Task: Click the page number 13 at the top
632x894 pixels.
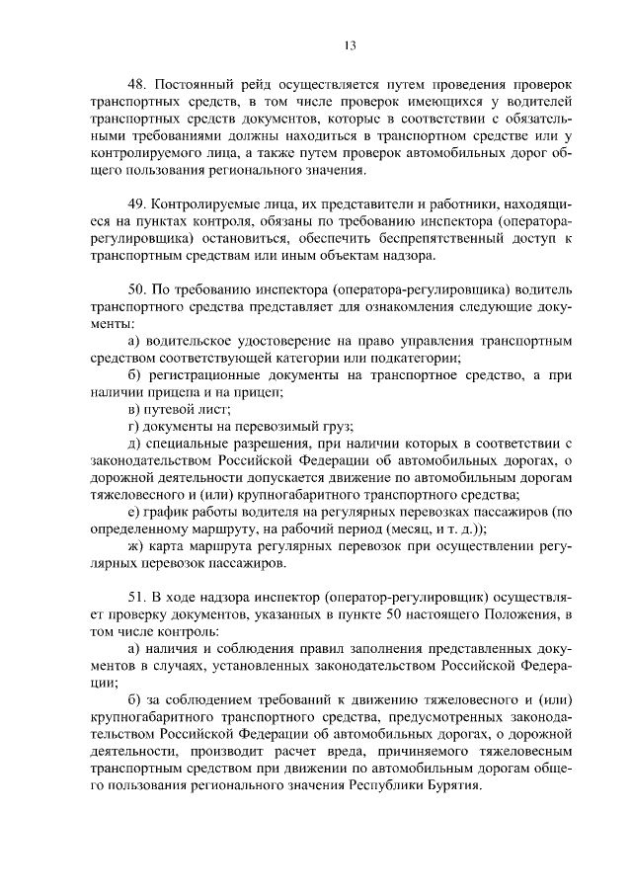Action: pos(351,44)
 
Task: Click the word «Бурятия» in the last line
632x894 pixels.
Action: pos(450,786)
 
